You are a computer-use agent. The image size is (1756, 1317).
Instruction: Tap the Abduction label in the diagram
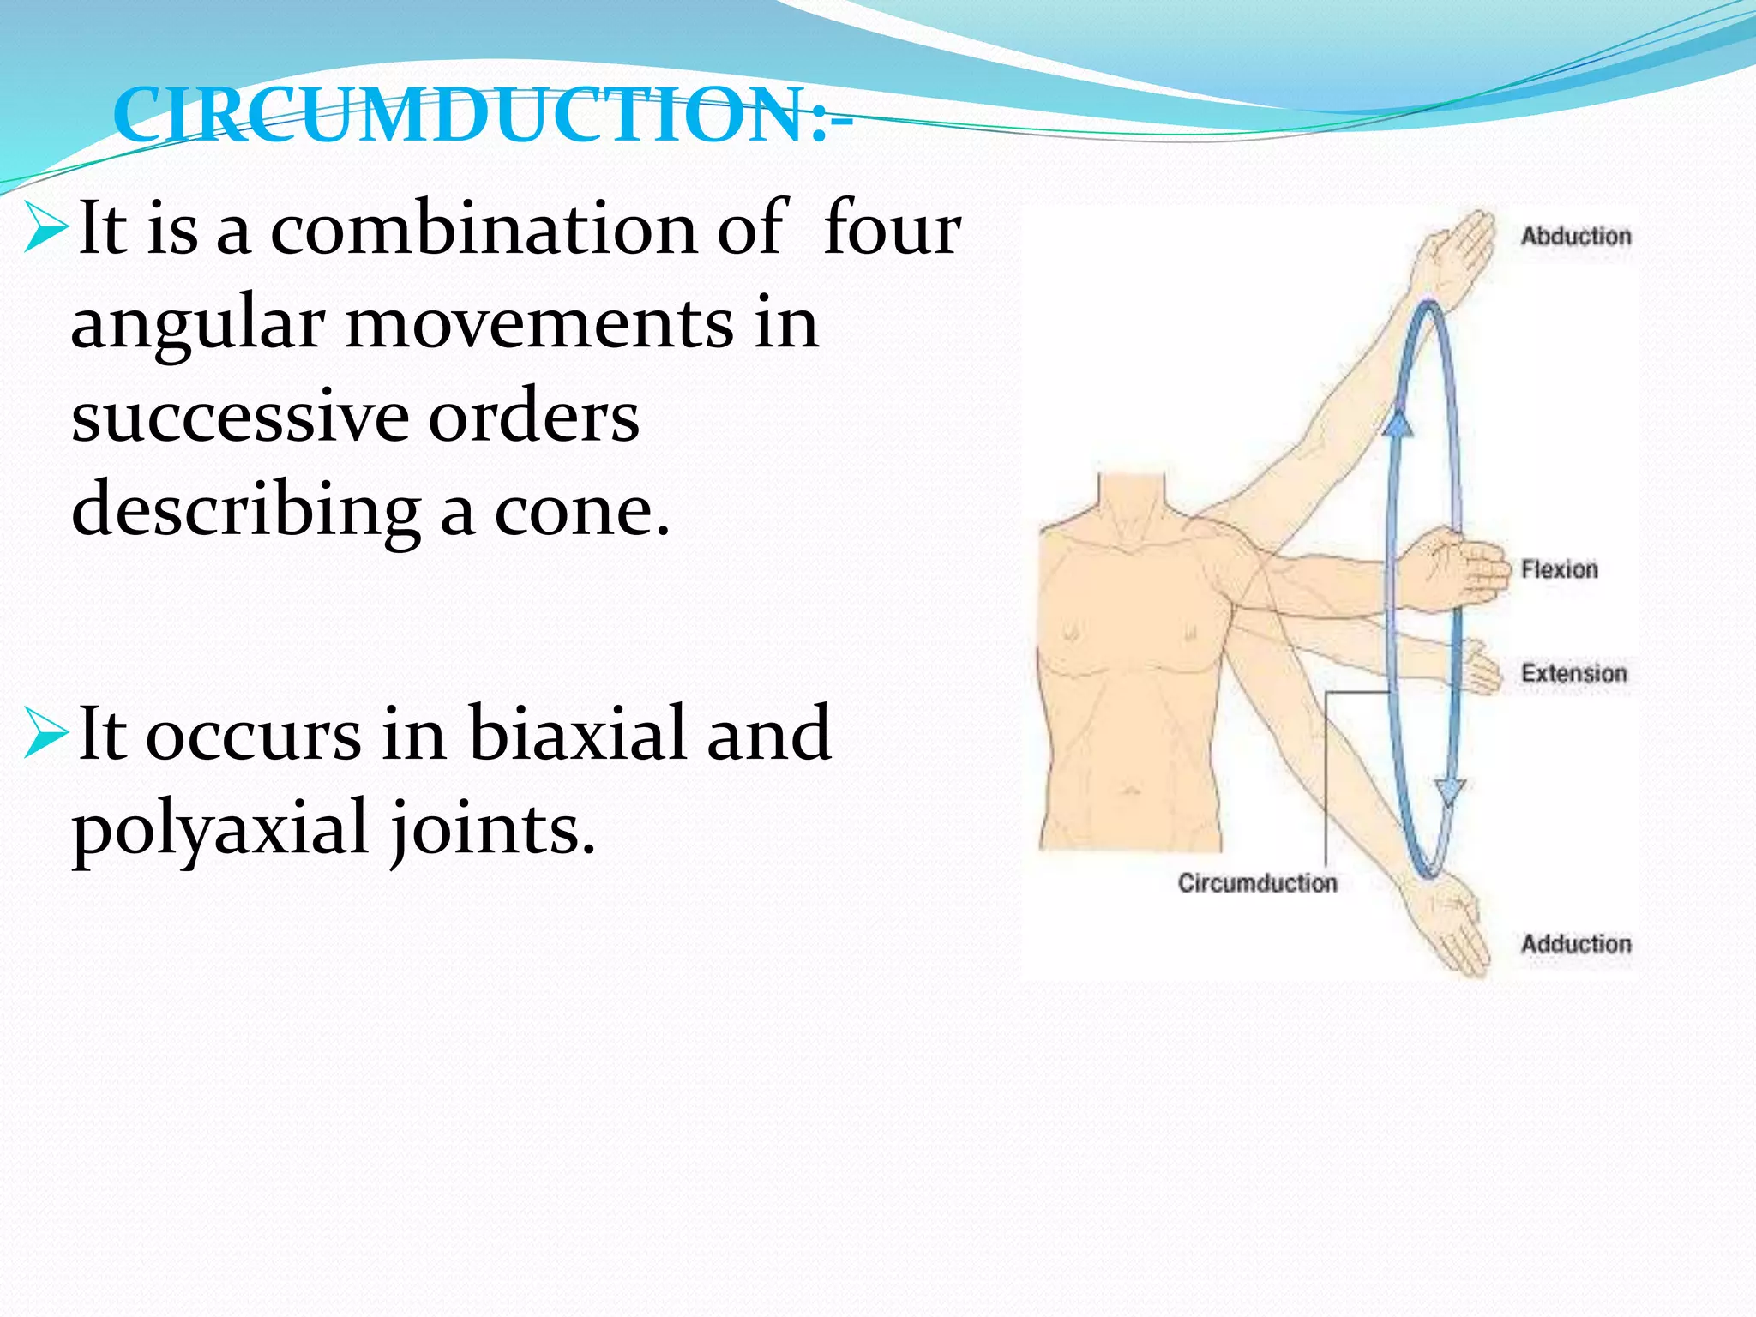point(1575,236)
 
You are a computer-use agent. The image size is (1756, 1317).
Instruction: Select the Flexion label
point(1559,569)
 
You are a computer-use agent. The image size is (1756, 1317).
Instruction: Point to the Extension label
point(1573,673)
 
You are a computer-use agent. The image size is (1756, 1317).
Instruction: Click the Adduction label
point(1575,944)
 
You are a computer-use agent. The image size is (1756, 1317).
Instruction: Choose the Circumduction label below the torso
point(1257,883)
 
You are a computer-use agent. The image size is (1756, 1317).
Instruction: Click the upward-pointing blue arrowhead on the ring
point(1398,423)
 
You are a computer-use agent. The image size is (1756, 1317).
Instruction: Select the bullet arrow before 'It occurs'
point(45,733)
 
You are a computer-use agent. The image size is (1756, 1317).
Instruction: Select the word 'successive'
point(239,417)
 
